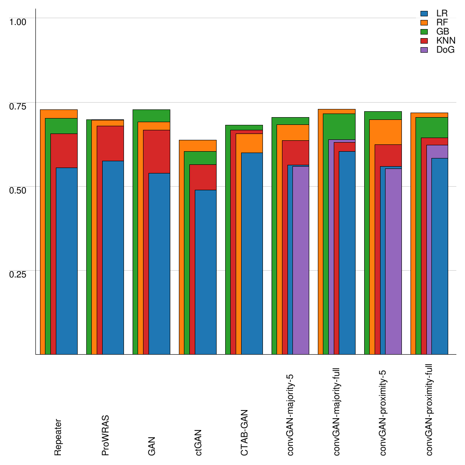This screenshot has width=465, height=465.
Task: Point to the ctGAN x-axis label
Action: [198, 442]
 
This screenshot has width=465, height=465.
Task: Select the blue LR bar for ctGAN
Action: [205, 272]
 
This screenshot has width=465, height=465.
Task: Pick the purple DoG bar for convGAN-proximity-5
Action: [393, 262]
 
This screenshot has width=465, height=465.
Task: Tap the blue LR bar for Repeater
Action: [66, 261]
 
